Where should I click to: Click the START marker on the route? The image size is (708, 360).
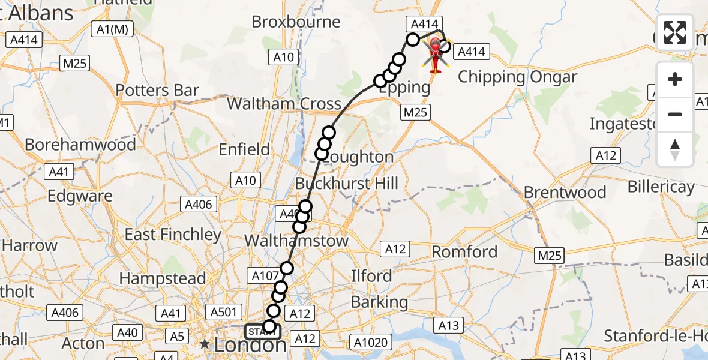point(262,332)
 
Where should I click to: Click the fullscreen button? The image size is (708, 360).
point(675,32)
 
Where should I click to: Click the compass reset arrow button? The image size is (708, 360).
point(675,149)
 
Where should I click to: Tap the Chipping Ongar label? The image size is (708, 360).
point(517,77)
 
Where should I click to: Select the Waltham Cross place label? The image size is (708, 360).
point(284,104)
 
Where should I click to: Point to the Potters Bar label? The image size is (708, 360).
point(157,91)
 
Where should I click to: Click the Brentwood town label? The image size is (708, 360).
point(565,193)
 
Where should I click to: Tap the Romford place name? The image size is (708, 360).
point(465,251)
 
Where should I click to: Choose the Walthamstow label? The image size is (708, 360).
point(296,241)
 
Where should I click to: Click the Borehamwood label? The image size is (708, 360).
point(80,145)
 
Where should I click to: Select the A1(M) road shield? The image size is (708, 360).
point(112,29)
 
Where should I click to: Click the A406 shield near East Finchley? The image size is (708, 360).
point(199,204)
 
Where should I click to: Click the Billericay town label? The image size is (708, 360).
point(661,187)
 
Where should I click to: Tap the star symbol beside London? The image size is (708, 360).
point(205,344)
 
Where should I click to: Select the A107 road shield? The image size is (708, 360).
point(262,276)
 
